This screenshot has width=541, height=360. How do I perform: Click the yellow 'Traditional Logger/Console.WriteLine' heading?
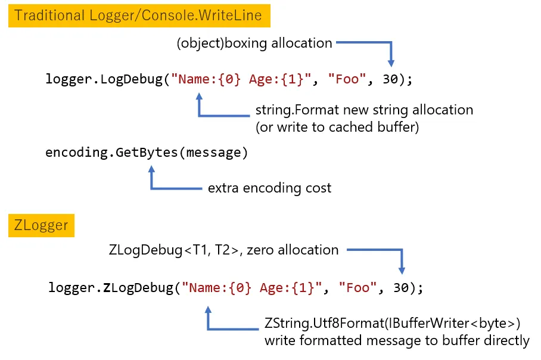click(138, 15)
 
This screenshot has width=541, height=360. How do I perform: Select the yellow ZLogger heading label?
click(41, 226)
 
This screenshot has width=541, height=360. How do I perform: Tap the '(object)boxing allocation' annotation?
click(254, 43)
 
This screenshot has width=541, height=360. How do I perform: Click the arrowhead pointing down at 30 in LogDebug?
click(391, 61)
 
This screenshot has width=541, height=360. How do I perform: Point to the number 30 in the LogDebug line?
click(390, 79)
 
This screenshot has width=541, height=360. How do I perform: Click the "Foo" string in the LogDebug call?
click(347, 79)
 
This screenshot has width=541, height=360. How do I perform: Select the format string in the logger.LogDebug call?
click(241, 79)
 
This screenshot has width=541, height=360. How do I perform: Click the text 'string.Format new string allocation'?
click(364, 110)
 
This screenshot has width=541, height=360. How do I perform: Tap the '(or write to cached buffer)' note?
click(337, 126)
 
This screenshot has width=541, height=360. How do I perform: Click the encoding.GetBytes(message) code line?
click(147, 152)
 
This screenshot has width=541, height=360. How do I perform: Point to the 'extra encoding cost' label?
click(269, 188)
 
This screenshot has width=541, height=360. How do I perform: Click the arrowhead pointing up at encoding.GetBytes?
click(151, 170)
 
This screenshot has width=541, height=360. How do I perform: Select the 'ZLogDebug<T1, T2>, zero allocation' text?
click(224, 250)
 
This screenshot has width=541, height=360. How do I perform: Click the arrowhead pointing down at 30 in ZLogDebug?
click(402, 269)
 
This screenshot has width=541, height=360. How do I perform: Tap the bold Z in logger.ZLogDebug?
click(107, 288)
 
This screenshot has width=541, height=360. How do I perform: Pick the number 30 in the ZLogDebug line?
click(401, 288)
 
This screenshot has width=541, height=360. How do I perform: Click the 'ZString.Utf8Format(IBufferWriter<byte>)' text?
click(393, 324)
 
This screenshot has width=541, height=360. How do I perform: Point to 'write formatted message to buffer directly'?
click(397, 340)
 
